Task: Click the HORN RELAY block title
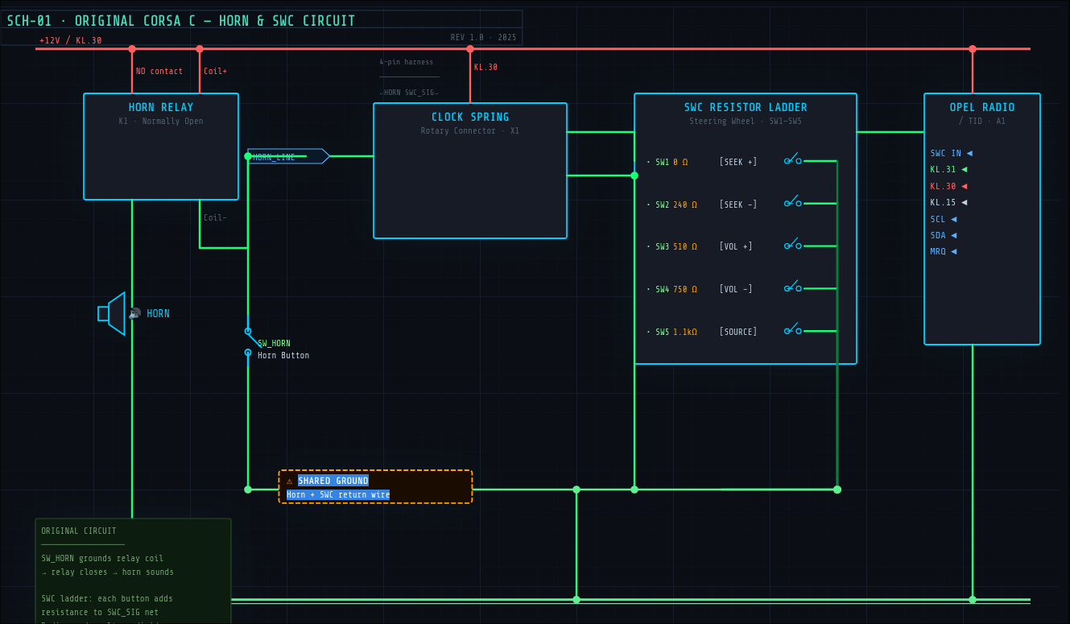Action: [161, 107]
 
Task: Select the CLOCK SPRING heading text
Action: [470, 117]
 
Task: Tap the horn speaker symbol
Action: [113, 313]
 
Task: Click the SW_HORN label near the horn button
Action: [274, 344]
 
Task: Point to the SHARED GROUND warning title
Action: [333, 481]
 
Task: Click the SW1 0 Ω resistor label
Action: [671, 162]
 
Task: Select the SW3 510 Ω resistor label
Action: [675, 246]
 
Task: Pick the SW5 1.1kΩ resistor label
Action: [675, 332]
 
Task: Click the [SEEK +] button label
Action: [738, 162]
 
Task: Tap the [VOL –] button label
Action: [736, 289]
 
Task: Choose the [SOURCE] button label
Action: [738, 332]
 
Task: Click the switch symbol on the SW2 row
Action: [793, 202]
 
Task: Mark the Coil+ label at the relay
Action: [215, 71]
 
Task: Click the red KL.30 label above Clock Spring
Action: [485, 68]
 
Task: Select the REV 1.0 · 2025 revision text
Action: [483, 37]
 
